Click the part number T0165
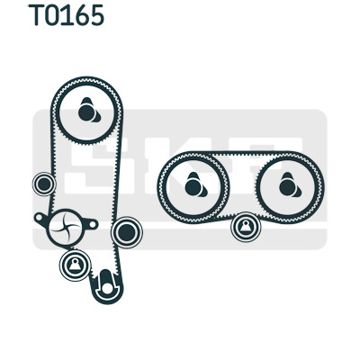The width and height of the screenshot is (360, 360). click(66, 15)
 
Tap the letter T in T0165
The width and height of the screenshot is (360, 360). click(36, 15)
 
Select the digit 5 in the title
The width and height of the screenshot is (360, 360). click(96, 15)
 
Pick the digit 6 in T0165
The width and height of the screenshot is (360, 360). click(81, 15)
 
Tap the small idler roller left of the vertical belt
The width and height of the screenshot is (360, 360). click(44, 184)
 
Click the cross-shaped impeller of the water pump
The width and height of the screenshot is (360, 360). click(65, 227)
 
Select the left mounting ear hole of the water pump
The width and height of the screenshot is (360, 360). click(39, 217)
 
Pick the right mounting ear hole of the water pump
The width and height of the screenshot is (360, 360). click(93, 224)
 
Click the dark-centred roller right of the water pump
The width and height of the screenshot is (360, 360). click(127, 232)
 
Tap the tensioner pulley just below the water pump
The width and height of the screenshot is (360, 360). click(75, 265)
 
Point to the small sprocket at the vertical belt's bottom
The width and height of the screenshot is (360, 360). click(106, 285)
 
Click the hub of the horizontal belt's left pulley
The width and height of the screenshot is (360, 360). click(194, 186)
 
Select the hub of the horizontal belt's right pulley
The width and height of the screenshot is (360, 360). click(289, 186)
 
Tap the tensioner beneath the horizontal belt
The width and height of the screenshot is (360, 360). click(246, 227)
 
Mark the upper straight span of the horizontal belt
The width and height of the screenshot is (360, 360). click(241, 155)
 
